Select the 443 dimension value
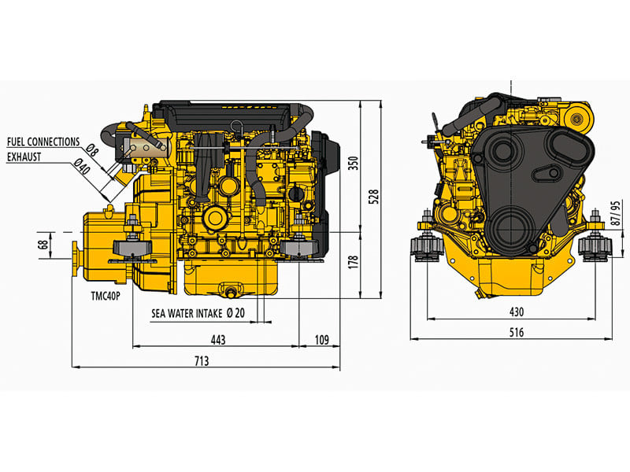coord(217,340)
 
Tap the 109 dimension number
coord(321,340)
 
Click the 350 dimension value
coord(352,164)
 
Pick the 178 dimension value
coord(352,260)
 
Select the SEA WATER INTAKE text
coord(187,312)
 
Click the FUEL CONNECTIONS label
coord(43,142)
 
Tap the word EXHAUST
coord(24,156)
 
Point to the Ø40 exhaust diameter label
coord(82,167)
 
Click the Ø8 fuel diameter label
coord(91,149)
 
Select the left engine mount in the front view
coord(425,245)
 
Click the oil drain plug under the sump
coord(232,293)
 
